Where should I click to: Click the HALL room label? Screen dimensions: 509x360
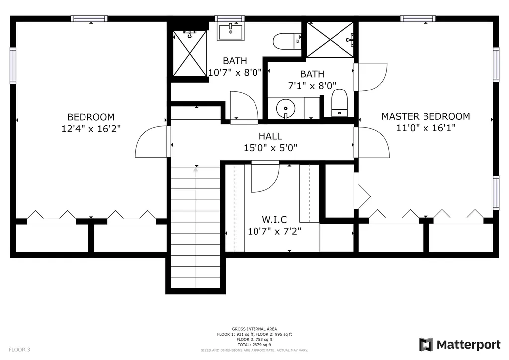(x=270, y=136)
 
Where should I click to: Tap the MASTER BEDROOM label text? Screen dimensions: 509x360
(x=425, y=116)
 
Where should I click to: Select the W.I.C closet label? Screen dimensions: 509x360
(x=274, y=220)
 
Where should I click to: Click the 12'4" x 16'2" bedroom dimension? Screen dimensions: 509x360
(x=91, y=129)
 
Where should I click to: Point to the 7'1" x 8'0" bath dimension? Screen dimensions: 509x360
(x=312, y=86)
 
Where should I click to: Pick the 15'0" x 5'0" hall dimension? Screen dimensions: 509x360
(x=270, y=148)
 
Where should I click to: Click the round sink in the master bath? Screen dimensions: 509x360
(x=286, y=108)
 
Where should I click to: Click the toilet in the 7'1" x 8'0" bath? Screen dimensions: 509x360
(x=339, y=103)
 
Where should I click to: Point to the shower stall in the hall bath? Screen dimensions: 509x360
(x=190, y=54)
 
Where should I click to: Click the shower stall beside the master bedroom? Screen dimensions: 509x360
(x=330, y=40)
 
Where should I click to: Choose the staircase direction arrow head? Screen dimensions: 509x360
(x=196, y=169)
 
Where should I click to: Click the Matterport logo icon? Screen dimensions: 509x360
(x=426, y=345)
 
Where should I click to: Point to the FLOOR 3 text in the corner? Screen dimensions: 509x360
(x=19, y=350)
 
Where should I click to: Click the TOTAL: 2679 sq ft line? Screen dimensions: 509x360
(x=254, y=345)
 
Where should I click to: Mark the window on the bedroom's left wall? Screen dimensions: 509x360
(x=13, y=65)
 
